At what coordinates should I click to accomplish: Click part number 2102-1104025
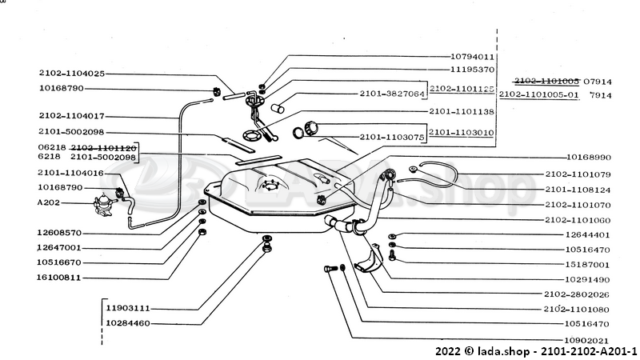point(70,73)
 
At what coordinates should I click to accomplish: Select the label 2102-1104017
point(70,115)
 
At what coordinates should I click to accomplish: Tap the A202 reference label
point(50,202)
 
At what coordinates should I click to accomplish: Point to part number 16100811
point(60,277)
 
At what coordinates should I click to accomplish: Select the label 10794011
point(472,57)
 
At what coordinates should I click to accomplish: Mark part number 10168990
point(589,158)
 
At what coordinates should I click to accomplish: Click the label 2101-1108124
point(578,189)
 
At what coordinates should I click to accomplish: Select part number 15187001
point(589,264)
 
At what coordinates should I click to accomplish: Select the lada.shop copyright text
point(536,350)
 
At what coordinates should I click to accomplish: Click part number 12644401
point(589,235)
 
